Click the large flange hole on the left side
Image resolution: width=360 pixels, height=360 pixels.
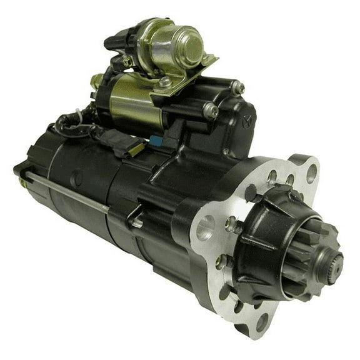[205, 229]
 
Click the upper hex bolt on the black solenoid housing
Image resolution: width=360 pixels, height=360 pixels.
[237, 88]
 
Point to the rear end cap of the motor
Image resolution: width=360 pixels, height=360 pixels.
[31, 175]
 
